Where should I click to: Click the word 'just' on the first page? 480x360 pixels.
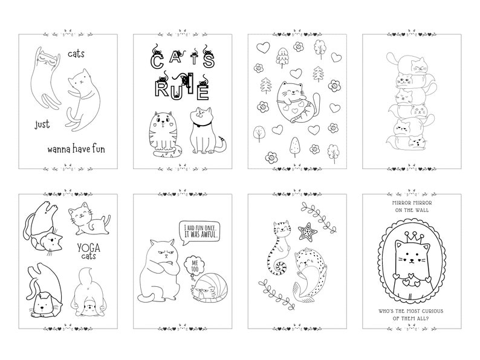coord(43,126)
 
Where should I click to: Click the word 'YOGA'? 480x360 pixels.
coord(89,247)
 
